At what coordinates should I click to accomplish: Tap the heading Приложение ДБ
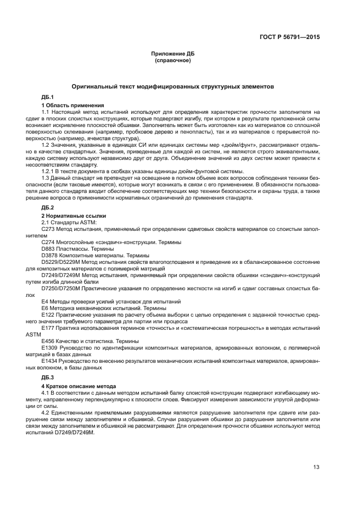(x=172, y=53)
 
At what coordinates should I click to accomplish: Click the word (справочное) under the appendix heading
(x=172, y=60)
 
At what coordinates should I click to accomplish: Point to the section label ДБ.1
(x=48, y=97)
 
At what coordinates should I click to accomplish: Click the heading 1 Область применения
(x=73, y=105)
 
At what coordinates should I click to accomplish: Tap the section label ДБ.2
(x=48, y=208)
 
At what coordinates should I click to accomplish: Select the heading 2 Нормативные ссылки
(x=74, y=216)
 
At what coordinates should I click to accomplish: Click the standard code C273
(x=48, y=229)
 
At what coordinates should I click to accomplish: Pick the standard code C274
(x=48, y=242)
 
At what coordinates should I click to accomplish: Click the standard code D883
(x=48, y=249)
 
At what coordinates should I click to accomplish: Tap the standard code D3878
(x=49, y=256)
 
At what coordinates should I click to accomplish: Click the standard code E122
(x=47, y=314)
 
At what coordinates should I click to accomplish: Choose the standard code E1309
(x=49, y=348)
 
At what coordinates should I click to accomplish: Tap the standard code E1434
(x=49, y=361)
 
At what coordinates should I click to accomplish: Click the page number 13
(x=316, y=467)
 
